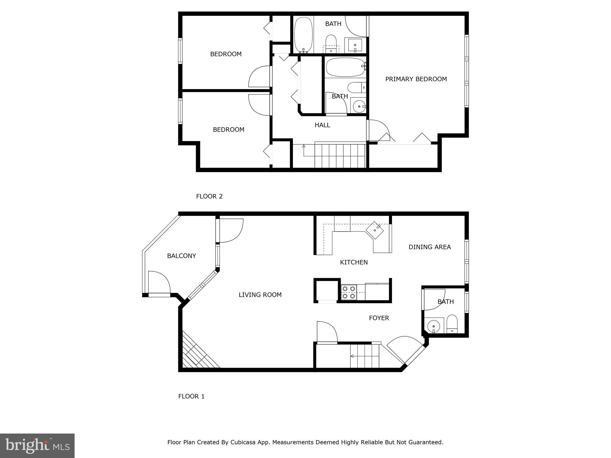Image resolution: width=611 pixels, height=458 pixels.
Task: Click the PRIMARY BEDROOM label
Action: point(416,79)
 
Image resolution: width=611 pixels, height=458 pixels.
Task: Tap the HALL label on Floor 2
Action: point(322,125)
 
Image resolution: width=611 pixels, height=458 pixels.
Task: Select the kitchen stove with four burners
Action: point(349,292)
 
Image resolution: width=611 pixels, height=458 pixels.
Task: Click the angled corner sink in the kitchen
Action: point(375,230)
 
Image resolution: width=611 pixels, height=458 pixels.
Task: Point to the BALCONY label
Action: point(181,256)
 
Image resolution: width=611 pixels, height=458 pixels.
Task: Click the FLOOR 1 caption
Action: point(191,396)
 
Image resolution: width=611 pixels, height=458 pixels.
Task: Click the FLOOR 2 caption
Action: point(209,196)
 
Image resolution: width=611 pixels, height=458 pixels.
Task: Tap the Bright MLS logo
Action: point(37,445)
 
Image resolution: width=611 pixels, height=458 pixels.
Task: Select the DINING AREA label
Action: point(429,247)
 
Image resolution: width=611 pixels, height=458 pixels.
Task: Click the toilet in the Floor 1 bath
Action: point(452,324)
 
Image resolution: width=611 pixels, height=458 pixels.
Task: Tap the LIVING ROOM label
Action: point(260,295)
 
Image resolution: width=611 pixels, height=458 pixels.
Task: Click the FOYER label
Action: point(379,318)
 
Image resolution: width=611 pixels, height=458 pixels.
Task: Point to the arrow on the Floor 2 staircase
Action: point(304,146)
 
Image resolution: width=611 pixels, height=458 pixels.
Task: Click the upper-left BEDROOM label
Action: point(226,54)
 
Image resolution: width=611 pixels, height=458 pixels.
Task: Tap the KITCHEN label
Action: point(354,262)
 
